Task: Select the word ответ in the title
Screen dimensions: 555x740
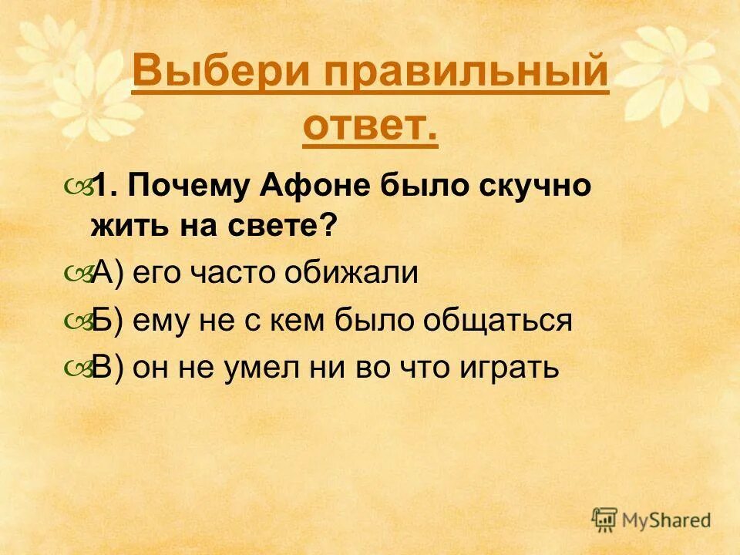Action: pos(370,127)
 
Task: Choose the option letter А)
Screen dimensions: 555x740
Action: pos(108,274)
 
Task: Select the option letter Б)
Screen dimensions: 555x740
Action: pos(108,321)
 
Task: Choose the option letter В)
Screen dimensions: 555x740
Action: pos(108,368)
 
